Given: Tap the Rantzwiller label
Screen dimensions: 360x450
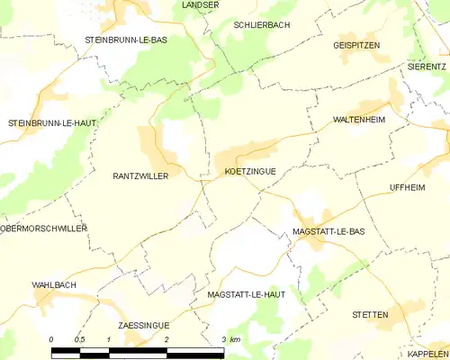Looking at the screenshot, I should (140, 176).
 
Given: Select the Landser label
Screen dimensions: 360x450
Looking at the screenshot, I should (200, 4).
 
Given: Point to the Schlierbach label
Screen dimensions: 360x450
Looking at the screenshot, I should (261, 25).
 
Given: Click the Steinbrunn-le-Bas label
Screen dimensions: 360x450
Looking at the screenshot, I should (126, 40).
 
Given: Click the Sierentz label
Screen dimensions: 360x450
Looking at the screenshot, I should (427, 66).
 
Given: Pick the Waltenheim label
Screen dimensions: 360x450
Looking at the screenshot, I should (359, 119).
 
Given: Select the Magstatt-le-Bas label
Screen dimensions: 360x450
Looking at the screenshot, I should (328, 231).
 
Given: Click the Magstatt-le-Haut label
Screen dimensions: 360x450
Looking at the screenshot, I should (246, 294).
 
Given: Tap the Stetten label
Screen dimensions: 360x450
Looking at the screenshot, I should (370, 315).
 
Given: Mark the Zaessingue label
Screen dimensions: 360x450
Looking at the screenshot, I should (143, 324).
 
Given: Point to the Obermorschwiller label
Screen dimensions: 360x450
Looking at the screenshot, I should (43, 229).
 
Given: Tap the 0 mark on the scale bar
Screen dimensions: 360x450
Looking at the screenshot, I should (52, 339).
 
